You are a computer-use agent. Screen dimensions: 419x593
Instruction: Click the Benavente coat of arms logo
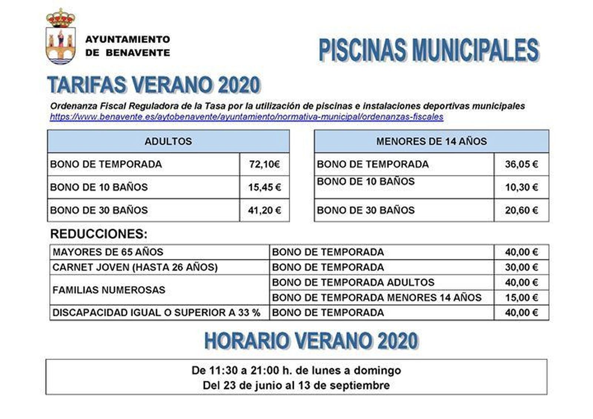[60, 37]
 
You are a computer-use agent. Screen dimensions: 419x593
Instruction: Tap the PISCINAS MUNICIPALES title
[428, 50]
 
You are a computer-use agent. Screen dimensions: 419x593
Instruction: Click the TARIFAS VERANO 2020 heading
[154, 85]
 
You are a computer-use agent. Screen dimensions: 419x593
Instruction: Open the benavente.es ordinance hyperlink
[246, 117]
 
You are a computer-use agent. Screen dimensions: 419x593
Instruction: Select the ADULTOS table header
[168, 141]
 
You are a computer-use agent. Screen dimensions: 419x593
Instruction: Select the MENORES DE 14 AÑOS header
[431, 141]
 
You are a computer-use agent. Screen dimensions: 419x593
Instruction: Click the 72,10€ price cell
[264, 164]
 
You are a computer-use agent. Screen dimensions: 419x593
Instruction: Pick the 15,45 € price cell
[264, 187]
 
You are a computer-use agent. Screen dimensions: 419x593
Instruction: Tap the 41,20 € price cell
[264, 210]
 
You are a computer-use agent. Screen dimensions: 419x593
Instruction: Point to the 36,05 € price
[521, 164]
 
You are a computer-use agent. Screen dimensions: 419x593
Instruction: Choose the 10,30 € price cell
[521, 187]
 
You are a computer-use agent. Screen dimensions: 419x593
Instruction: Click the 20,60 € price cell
[521, 210]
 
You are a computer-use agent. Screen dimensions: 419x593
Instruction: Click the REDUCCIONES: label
[99, 234]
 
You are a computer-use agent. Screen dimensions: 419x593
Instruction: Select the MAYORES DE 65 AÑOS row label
[108, 252]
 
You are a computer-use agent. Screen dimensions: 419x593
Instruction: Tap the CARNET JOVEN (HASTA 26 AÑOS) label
[135, 267]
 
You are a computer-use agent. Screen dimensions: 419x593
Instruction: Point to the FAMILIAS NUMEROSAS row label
[109, 290]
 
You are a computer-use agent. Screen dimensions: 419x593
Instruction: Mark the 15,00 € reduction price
[521, 297]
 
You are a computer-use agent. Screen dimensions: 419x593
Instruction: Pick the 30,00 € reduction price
[521, 267]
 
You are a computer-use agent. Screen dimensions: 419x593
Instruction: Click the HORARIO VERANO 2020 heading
[311, 341]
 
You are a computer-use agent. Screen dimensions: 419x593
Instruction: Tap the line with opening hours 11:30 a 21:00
[296, 370]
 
